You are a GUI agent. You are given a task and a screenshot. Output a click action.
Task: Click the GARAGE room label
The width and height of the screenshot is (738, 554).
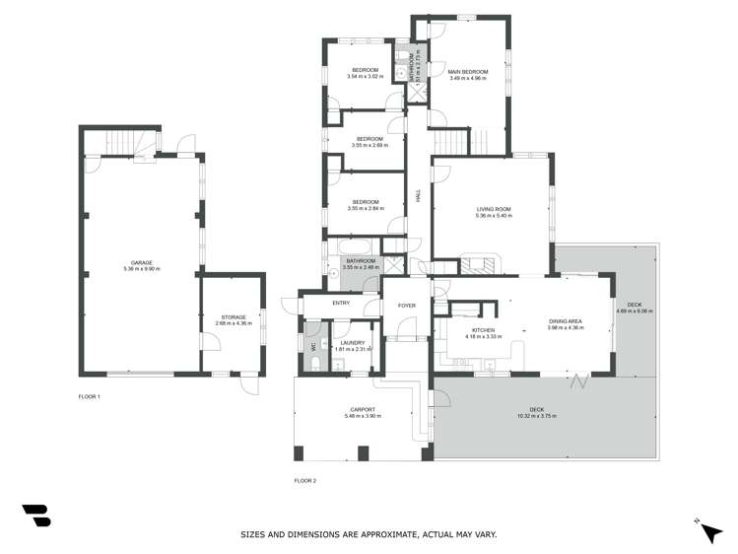[141, 262]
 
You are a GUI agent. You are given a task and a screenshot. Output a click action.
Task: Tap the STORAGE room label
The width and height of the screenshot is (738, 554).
[234, 317]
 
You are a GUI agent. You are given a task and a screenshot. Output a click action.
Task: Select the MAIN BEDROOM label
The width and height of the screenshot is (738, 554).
[468, 72]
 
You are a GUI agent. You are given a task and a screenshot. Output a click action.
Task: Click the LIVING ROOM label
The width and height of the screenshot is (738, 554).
[493, 209]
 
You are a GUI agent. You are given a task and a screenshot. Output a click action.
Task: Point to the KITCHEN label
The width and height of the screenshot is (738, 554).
[483, 330]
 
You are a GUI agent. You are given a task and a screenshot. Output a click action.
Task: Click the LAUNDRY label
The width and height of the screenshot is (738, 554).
[352, 342]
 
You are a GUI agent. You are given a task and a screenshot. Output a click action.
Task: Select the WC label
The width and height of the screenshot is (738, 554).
[313, 347]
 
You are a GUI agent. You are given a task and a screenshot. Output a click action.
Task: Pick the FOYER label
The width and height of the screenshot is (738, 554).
[406, 307]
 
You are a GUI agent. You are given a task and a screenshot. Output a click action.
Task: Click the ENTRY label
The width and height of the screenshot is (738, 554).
[341, 304]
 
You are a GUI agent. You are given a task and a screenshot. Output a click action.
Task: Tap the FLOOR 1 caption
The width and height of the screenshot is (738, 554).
[90, 396]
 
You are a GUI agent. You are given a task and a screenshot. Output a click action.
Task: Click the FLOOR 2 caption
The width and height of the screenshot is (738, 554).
[304, 481]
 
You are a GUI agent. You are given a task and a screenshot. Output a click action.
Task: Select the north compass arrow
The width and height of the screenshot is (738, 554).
[710, 531]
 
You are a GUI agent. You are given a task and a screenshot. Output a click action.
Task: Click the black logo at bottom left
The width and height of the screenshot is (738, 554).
[36, 515]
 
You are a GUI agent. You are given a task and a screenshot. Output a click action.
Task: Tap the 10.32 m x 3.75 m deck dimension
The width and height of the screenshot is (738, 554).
[536, 416]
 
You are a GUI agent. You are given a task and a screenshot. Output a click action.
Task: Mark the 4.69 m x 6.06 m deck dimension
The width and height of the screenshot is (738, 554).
[635, 312]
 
